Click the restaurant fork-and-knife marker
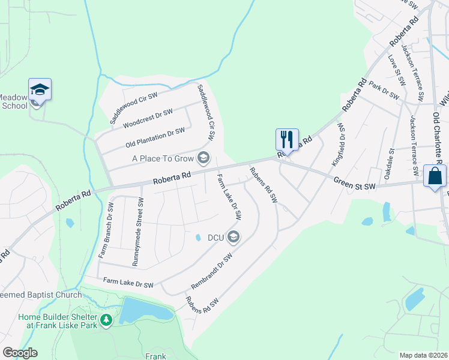click(286, 140)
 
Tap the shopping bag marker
click(435, 176)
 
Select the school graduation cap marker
click(40, 90)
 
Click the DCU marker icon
click(234, 238)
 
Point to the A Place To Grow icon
click(205, 158)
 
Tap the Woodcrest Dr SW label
click(148, 118)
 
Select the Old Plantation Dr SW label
click(155, 138)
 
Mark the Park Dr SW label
click(384, 91)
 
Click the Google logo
click(20, 353)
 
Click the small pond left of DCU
click(198, 238)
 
